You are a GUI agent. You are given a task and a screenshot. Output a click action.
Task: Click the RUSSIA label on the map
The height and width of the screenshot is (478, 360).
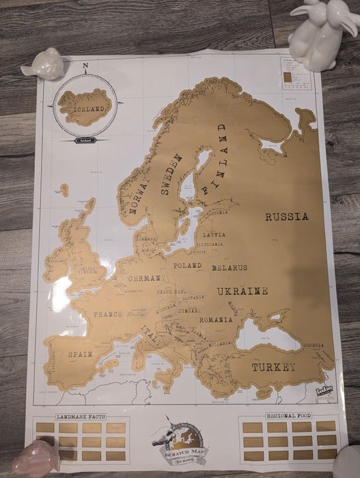pyautogui.click(x=287, y=217)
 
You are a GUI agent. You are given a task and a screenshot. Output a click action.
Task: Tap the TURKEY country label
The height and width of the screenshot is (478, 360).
pyautogui.click(x=273, y=367)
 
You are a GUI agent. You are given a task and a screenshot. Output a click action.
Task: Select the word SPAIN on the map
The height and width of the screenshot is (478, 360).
pyautogui.click(x=80, y=354)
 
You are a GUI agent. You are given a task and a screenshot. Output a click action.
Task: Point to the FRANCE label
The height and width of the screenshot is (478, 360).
pyautogui.click(x=108, y=314)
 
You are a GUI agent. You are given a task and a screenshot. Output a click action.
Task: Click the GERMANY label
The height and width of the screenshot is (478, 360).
pyautogui.click(x=146, y=279)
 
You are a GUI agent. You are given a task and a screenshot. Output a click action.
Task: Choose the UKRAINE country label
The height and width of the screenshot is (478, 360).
pyautogui.click(x=243, y=291)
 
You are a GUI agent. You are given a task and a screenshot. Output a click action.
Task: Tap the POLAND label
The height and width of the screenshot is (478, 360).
pyautogui.click(x=187, y=265)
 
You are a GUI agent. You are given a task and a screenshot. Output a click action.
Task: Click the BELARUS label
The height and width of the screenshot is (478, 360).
pyautogui.click(x=230, y=267)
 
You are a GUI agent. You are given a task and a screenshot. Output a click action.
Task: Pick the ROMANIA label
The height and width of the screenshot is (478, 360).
pyautogui.click(x=216, y=319)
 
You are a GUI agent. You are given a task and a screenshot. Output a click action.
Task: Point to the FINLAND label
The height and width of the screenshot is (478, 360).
pyautogui.click(x=214, y=159)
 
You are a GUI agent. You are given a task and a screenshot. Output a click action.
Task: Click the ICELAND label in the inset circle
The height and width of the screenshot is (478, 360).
pyautogui.click(x=85, y=108)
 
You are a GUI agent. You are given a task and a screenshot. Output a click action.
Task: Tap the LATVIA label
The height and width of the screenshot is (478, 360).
pyautogui.click(x=214, y=234)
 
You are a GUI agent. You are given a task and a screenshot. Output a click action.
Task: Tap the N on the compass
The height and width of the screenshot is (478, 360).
pyautogui.click(x=85, y=66)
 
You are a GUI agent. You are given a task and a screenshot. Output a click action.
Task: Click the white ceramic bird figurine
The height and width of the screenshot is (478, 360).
pyautogui.click(x=44, y=64)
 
